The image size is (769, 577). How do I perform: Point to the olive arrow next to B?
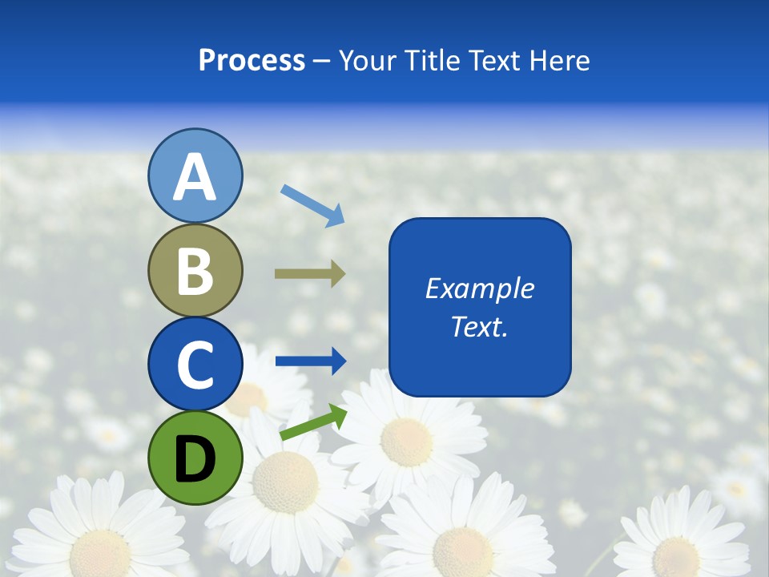point(310,273)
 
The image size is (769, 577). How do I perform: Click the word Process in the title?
point(252,60)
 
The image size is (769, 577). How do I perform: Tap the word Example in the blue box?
point(480,288)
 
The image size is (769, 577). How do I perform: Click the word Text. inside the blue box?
point(480,327)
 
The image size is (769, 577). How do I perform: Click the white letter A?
point(195,178)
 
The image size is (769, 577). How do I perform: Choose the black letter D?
point(195,459)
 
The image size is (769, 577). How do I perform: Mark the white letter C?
point(195,365)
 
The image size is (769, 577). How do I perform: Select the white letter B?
point(195,271)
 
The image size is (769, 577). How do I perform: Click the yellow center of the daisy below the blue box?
point(406,442)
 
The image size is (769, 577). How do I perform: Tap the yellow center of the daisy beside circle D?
point(285,481)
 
